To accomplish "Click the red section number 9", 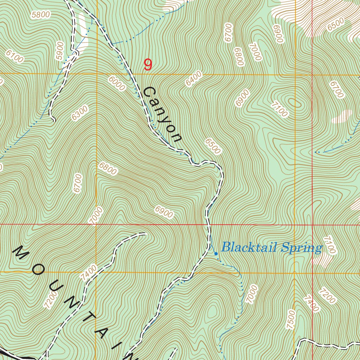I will (x=148, y=65).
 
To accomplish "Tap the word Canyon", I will (x=162, y=115).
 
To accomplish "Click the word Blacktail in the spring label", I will (x=246, y=247).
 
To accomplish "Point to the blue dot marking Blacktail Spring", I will (x=216, y=253).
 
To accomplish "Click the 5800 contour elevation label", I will (x=41, y=15).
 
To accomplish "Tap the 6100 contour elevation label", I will (x=14, y=56).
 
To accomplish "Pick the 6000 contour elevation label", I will (x=117, y=84).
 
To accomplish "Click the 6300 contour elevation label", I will (x=80, y=113).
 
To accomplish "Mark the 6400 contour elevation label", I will (x=194, y=79).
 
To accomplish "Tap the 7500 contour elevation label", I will (x=291, y=320).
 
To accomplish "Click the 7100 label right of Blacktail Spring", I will (x=330, y=245).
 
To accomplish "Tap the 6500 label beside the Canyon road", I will (x=212, y=146).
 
